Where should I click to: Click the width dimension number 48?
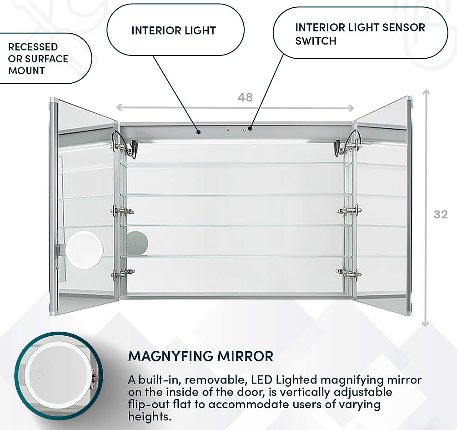(245, 97)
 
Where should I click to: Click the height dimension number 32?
(440, 214)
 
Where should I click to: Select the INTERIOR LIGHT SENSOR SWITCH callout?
(360, 34)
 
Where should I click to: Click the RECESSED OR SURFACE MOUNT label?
(39, 59)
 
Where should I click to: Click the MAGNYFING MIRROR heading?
(201, 356)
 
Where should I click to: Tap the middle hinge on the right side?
(349, 210)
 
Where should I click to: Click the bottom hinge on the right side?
(349, 273)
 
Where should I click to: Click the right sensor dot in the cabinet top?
(244, 130)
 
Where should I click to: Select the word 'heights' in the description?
(150, 416)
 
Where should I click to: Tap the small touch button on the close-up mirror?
(40, 375)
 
